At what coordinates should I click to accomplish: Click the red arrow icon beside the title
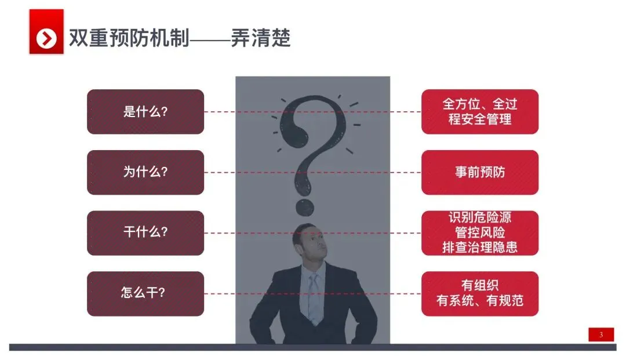point(46,38)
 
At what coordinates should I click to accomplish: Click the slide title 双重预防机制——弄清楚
point(179,38)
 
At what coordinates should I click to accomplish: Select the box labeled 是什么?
point(145,112)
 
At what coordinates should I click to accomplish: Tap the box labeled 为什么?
point(145,173)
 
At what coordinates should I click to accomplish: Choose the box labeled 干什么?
point(145,233)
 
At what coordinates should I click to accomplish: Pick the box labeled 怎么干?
point(145,293)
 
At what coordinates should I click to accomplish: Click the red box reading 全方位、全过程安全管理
point(479,112)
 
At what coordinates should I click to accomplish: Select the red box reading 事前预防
point(479,173)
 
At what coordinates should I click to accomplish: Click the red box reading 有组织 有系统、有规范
point(479,293)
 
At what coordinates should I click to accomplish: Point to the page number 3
point(601,334)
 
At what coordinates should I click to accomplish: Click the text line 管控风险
point(479,233)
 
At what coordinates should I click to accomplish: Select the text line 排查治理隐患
point(479,248)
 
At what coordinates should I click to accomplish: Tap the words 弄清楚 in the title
point(261,38)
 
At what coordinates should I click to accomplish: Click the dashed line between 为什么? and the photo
point(220,173)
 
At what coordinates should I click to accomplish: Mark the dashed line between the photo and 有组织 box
point(406,294)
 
